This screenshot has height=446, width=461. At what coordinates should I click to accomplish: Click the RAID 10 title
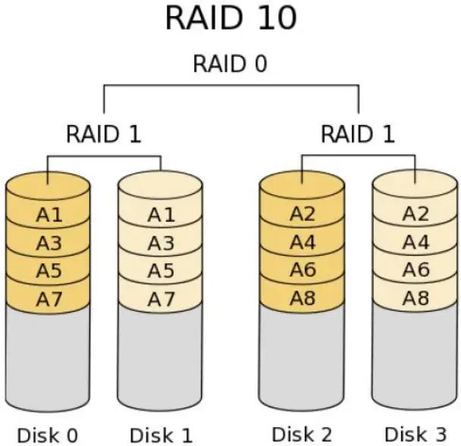tap(230, 19)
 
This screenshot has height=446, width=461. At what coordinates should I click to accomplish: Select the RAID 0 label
tap(230, 64)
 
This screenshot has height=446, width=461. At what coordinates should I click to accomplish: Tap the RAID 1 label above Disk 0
tap(104, 135)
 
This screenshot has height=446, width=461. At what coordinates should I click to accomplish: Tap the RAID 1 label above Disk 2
tap(358, 135)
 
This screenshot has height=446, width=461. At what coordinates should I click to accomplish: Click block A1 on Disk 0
tap(49, 215)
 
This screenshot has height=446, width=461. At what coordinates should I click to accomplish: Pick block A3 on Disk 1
tap(161, 243)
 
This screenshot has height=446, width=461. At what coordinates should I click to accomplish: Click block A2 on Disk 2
tap(302, 215)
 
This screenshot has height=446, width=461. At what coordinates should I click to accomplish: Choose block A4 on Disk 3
tap(415, 243)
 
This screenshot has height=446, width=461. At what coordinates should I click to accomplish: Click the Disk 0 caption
tap(48, 435)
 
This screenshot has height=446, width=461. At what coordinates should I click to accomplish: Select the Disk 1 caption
tap(161, 435)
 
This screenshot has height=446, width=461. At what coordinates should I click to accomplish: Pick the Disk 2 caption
tap(302, 434)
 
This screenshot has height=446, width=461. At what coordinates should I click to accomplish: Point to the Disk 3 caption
tap(415, 434)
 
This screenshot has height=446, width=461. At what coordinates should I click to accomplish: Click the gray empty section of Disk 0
tap(49, 356)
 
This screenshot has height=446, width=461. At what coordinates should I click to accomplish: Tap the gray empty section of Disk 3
tap(415, 356)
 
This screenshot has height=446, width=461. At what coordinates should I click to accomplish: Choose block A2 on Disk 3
tap(415, 215)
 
